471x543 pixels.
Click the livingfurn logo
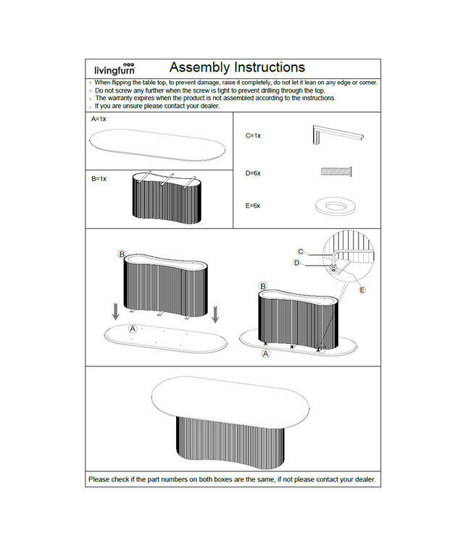click(113, 68)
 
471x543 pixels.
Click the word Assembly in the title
click(200, 68)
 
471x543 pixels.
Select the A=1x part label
click(99, 118)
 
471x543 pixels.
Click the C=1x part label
click(253, 135)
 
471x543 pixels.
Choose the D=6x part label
click(253, 173)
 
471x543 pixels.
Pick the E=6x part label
click(253, 206)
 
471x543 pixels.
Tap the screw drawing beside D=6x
click(336, 172)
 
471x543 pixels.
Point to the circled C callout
click(301, 251)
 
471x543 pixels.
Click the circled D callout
click(296, 263)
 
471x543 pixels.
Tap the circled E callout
click(362, 290)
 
